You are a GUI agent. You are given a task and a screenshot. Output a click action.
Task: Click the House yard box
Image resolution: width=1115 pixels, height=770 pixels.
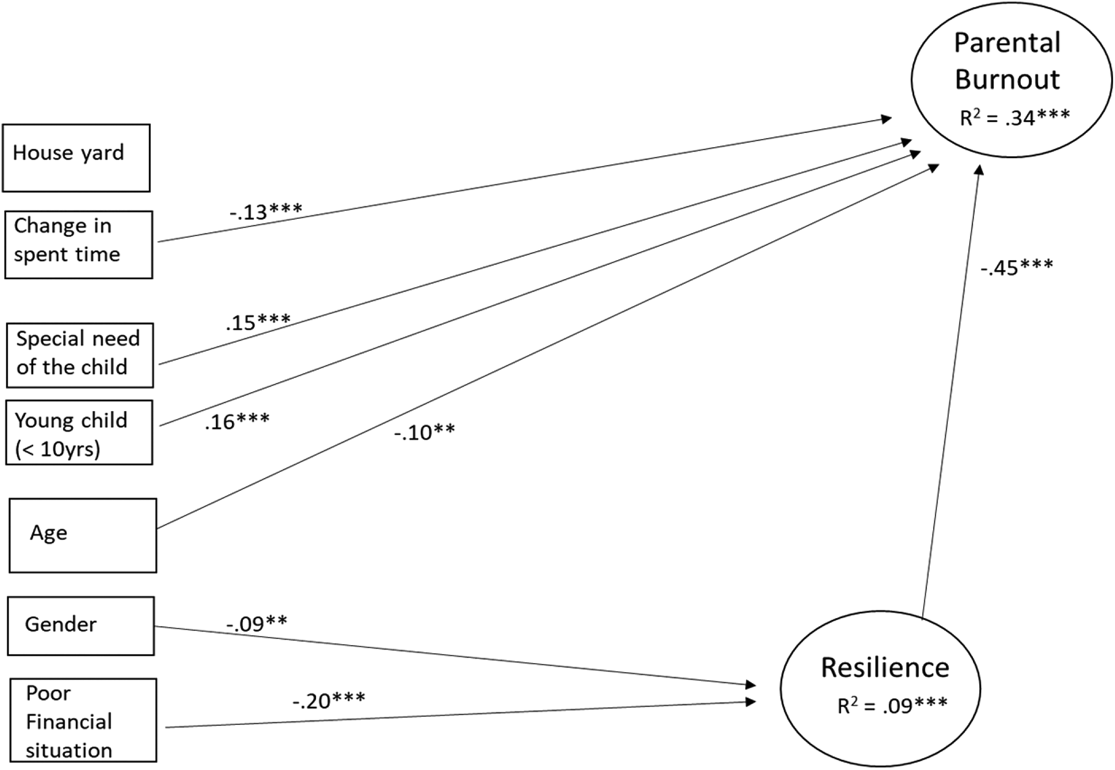click(76, 158)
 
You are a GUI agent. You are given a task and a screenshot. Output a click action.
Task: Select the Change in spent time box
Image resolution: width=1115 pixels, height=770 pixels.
click(79, 244)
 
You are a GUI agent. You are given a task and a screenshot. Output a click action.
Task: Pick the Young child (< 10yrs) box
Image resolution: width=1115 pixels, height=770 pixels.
click(79, 433)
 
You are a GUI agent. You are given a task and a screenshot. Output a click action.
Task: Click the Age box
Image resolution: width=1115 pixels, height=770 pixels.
click(83, 536)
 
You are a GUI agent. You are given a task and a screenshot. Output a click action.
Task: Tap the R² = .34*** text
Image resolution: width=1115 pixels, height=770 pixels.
click(1015, 117)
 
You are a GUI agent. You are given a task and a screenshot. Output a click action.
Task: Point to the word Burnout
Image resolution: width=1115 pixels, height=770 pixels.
click(1008, 79)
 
